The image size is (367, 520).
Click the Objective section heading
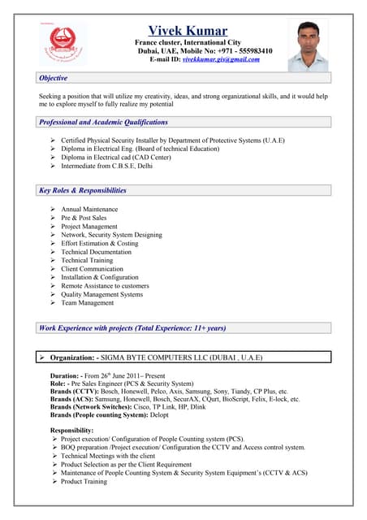pyautogui.click(x=54, y=78)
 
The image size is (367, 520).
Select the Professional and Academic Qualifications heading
pyautogui.click(x=104, y=122)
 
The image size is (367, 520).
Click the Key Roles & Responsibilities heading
pyautogui.click(x=83, y=191)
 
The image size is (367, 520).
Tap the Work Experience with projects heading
pyautogui.click(x=132, y=328)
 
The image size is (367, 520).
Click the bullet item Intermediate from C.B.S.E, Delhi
pyautogui.click(x=106, y=166)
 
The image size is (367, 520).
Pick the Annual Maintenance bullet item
pyautogui.click(x=89, y=210)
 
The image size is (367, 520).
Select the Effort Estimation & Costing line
pyautogui.click(x=99, y=243)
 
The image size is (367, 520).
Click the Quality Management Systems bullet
pyautogui.click(x=101, y=294)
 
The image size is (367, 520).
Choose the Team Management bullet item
pyautogui.click(x=87, y=303)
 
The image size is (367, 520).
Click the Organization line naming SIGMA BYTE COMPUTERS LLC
pyautogui.click(x=156, y=357)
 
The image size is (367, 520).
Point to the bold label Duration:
pyautogui.click(x=65, y=375)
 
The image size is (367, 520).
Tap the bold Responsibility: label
pyautogui.click(x=72, y=430)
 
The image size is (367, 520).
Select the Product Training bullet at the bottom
pyautogui.click(x=84, y=481)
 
